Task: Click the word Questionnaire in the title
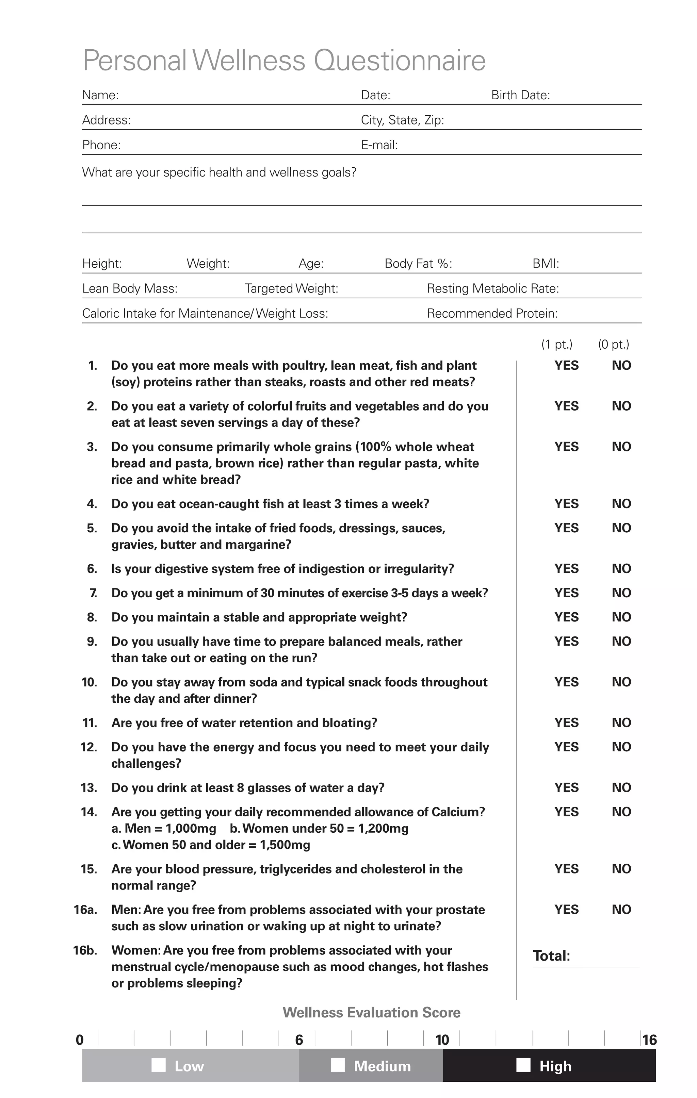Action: tap(400, 61)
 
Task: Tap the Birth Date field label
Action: tap(520, 95)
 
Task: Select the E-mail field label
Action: tap(379, 145)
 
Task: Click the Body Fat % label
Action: tap(418, 264)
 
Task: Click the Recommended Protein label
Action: tap(492, 314)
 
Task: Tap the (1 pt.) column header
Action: tap(556, 344)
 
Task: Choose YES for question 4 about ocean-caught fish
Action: tap(566, 504)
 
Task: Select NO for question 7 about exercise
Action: tap(621, 593)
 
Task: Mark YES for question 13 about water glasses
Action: tap(566, 787)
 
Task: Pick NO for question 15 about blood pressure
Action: tap(621, 869)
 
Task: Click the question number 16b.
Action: tap(85, 950)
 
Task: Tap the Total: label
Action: tap(551, 956)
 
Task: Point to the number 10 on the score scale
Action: tap(442, 1040)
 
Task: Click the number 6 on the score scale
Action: tap(299, 1040)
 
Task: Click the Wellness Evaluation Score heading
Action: tap(371, 1013)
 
